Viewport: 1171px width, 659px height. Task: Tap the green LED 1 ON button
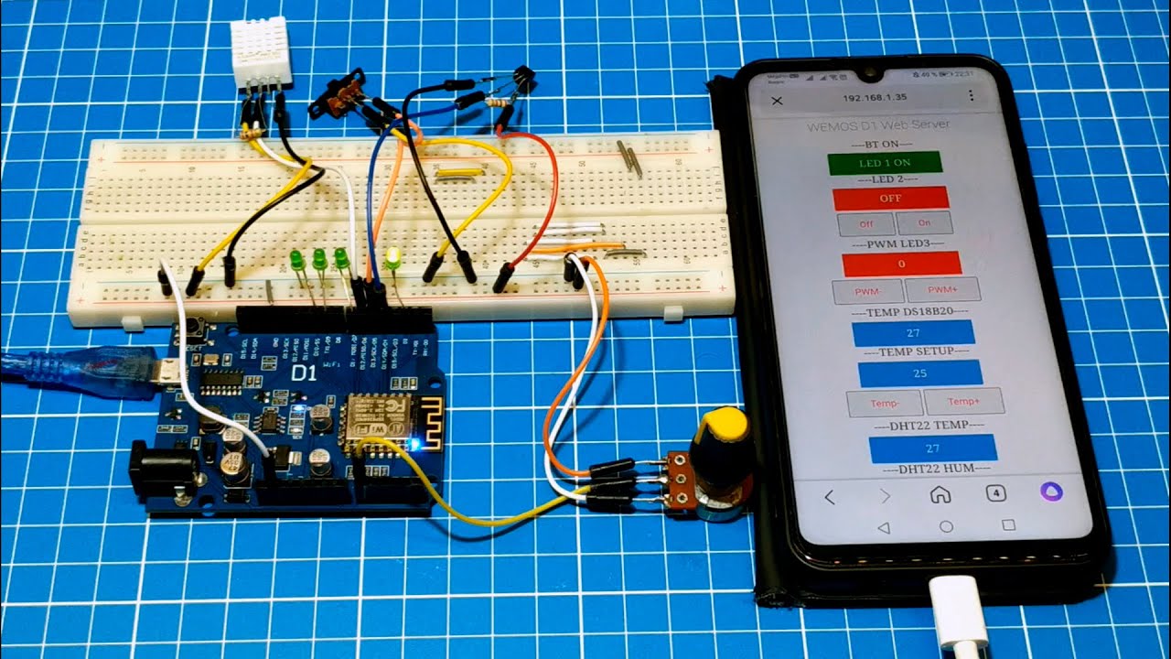[x=884, y=164]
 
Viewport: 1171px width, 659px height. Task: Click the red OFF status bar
[x=890, y=198]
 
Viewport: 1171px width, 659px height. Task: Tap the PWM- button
[x=867, y=291]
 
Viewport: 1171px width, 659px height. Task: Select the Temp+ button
[x=963, y=401]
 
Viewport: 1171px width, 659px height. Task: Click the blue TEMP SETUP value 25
[x=919, y=373]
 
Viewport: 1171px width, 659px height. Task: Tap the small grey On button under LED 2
[x=924, y=223]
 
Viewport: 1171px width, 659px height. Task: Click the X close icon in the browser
[x=778, y=100]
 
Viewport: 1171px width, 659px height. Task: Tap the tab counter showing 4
[x=995, y=493]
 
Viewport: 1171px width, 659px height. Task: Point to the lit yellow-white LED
[x=393, y=258]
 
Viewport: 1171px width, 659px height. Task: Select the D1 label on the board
[x=304, y=373]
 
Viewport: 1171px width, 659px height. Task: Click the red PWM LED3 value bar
[x=901, y=264]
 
